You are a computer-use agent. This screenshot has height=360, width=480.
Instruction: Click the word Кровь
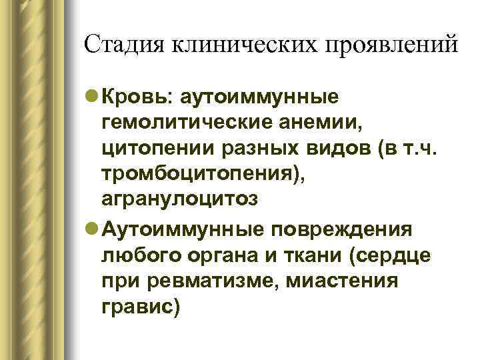click(x=137, y=98)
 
